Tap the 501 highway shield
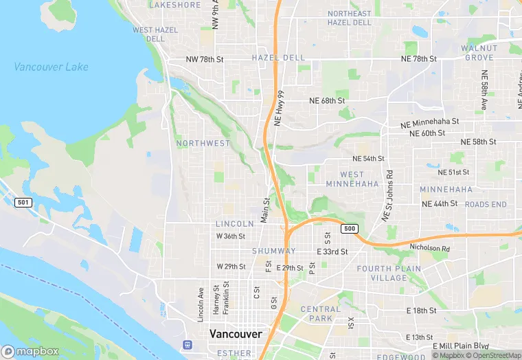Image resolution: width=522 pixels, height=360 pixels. tap(23, 202)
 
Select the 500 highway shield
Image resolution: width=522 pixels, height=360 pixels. tap(350, 228)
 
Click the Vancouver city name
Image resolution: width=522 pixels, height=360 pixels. tap(236, 334)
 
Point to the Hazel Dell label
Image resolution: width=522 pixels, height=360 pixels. tap(277, 58)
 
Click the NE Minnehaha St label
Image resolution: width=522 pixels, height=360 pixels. tap(429, 122)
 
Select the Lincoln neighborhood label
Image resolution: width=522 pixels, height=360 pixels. tap(235, 224)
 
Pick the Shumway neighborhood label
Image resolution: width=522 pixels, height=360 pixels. tap(273, 251)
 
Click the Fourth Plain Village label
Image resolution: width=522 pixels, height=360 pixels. tap(382, 273)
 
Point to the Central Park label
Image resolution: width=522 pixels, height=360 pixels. tap(321, 314)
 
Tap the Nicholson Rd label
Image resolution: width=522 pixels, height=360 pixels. tap(429, 248)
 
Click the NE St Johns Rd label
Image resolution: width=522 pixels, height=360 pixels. tap(388, 196)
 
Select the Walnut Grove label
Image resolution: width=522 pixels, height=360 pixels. tap(479, 53)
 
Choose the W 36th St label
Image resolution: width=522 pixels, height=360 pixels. tap(231, 236)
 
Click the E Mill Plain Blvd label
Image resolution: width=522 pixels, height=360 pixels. tap(460, 346)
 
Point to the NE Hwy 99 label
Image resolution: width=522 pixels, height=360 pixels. tap(279, 108)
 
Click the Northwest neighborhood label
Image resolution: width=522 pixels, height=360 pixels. tap(203, 143)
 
